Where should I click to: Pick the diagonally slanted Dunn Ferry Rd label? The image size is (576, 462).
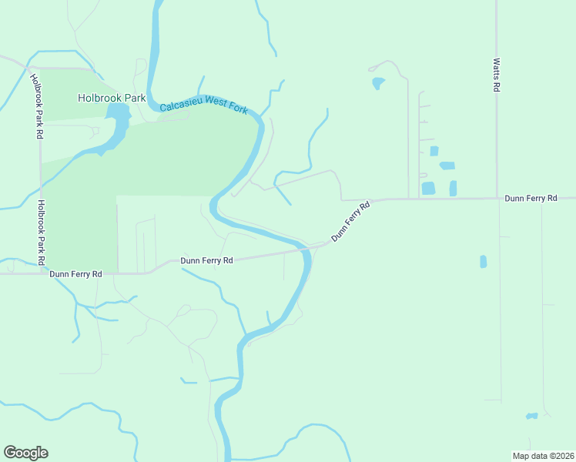(x=351, y=222)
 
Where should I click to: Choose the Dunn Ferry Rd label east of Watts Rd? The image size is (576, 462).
(x=531, y=198)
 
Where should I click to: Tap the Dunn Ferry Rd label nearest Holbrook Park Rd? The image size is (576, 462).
(x=75, y=273)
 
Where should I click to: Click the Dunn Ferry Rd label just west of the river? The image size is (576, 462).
(x=206, y=260)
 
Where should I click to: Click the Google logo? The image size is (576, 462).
(x=25, y=453)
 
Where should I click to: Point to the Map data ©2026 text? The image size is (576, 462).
(x=543, y=456)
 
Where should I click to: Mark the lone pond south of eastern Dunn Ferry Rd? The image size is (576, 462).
(x=483, y=262)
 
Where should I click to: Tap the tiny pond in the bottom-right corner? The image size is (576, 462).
(x=531, y=417)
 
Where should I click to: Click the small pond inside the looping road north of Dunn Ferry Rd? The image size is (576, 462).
(x=377, y=82)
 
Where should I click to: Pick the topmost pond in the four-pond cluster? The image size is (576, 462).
(x=434, y=151)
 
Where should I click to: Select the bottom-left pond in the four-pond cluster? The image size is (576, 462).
(x=428, y=188)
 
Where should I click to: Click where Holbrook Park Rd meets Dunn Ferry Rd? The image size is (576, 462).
(x=41, y=272)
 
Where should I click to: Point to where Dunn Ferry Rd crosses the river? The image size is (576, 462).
(x=306, y=248)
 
